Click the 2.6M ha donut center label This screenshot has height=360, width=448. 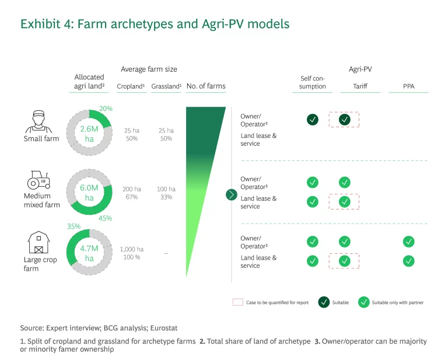pos(89,134)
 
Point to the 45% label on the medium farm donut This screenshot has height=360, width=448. pos(105,218)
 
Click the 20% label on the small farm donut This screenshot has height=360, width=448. pos(106,109)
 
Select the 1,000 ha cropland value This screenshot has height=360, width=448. pos(132,249)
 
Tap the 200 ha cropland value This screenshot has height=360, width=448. pos(131,189)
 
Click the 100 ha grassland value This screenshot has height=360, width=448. pos(166,189)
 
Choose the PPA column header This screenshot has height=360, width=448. pos(409,86)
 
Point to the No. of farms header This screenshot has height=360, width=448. pos(206,86)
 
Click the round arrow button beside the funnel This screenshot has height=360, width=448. pos(232,194)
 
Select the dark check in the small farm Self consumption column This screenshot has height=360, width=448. pos(313,120)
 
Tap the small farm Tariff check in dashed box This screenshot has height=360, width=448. pos(344,120)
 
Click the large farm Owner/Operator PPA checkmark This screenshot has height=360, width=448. pos(409,241)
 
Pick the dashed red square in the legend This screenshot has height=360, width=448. pos(237,302)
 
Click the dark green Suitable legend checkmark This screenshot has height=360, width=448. pos(323,302)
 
